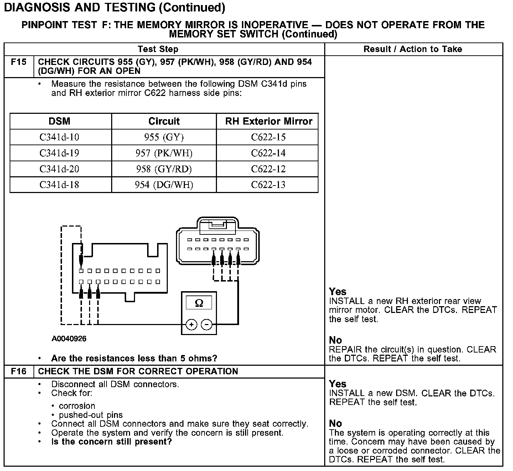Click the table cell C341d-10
point(59,137)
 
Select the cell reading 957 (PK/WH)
point(164,153)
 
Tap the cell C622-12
point(268,169)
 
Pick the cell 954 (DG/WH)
point(164,185)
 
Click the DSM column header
point(59,121)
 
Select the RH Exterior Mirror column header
point(268,121)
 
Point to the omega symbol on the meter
point(199,303)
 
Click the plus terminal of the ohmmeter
point(191,324)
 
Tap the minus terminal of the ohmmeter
point(207,324)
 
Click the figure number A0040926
point(69,339)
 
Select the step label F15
point(19,62)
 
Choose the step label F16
point(19,371)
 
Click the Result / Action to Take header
point(413,49)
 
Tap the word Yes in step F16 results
point(337,384)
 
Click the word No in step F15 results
point(335,340)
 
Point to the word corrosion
point(77,406)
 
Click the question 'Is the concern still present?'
point(112,442)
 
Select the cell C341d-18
point(59,185)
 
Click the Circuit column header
point(164,121)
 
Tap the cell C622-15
point(268,137)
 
